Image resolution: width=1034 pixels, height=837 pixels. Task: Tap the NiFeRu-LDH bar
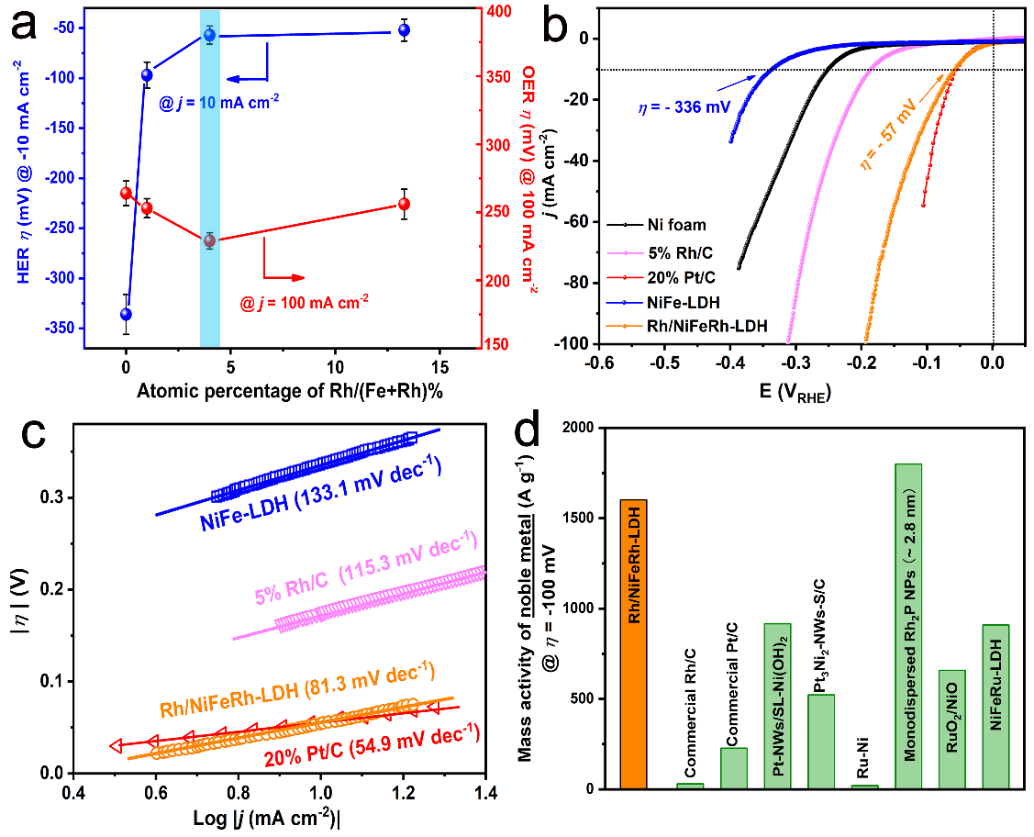click(995, 707)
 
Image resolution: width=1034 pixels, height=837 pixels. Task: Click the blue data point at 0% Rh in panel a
click(126, 314)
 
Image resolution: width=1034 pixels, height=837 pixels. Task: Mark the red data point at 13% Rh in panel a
click(404, 204)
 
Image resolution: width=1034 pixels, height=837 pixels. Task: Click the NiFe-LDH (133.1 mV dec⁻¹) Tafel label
click(322, 497)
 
